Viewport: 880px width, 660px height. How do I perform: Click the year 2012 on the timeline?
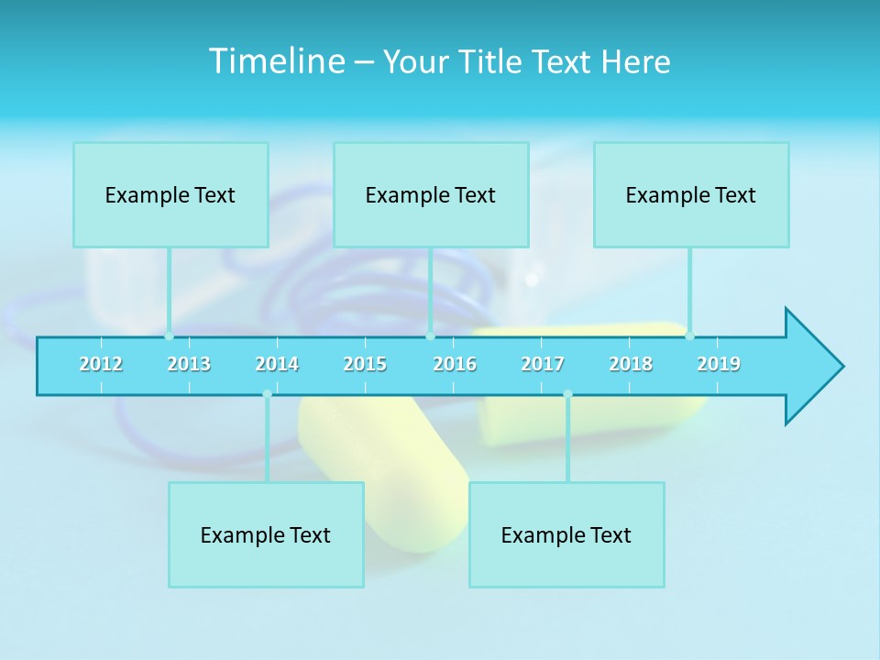click(101, 364)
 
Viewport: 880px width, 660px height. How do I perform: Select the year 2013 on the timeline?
click(189, 364)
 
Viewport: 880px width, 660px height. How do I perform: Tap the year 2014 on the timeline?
click(277, 364)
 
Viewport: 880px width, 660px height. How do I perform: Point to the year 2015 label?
click(365, 364)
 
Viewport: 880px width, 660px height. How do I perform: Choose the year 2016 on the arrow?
click(455, 364)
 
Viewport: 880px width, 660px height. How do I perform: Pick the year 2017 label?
click(543, 364)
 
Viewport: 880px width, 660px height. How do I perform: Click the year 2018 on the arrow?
click(631, 364)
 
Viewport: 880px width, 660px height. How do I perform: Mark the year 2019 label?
click(719, 364)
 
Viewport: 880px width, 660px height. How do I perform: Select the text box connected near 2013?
click(170, 194)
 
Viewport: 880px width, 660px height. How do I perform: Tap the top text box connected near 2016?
click(431, 194)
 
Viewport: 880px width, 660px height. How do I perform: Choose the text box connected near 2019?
click(691, 194)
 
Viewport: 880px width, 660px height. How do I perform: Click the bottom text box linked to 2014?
click(266, 534)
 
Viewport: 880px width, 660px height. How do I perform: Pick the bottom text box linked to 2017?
click(566, 534)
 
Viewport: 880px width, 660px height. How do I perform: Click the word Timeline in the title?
click(275, 61)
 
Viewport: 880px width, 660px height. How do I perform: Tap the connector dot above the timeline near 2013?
click(169, 335)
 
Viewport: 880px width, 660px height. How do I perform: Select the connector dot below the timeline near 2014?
click(267, 394)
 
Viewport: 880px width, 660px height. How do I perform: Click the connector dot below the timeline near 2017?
click(567, 394)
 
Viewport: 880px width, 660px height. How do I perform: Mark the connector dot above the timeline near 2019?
click(689, 335)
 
